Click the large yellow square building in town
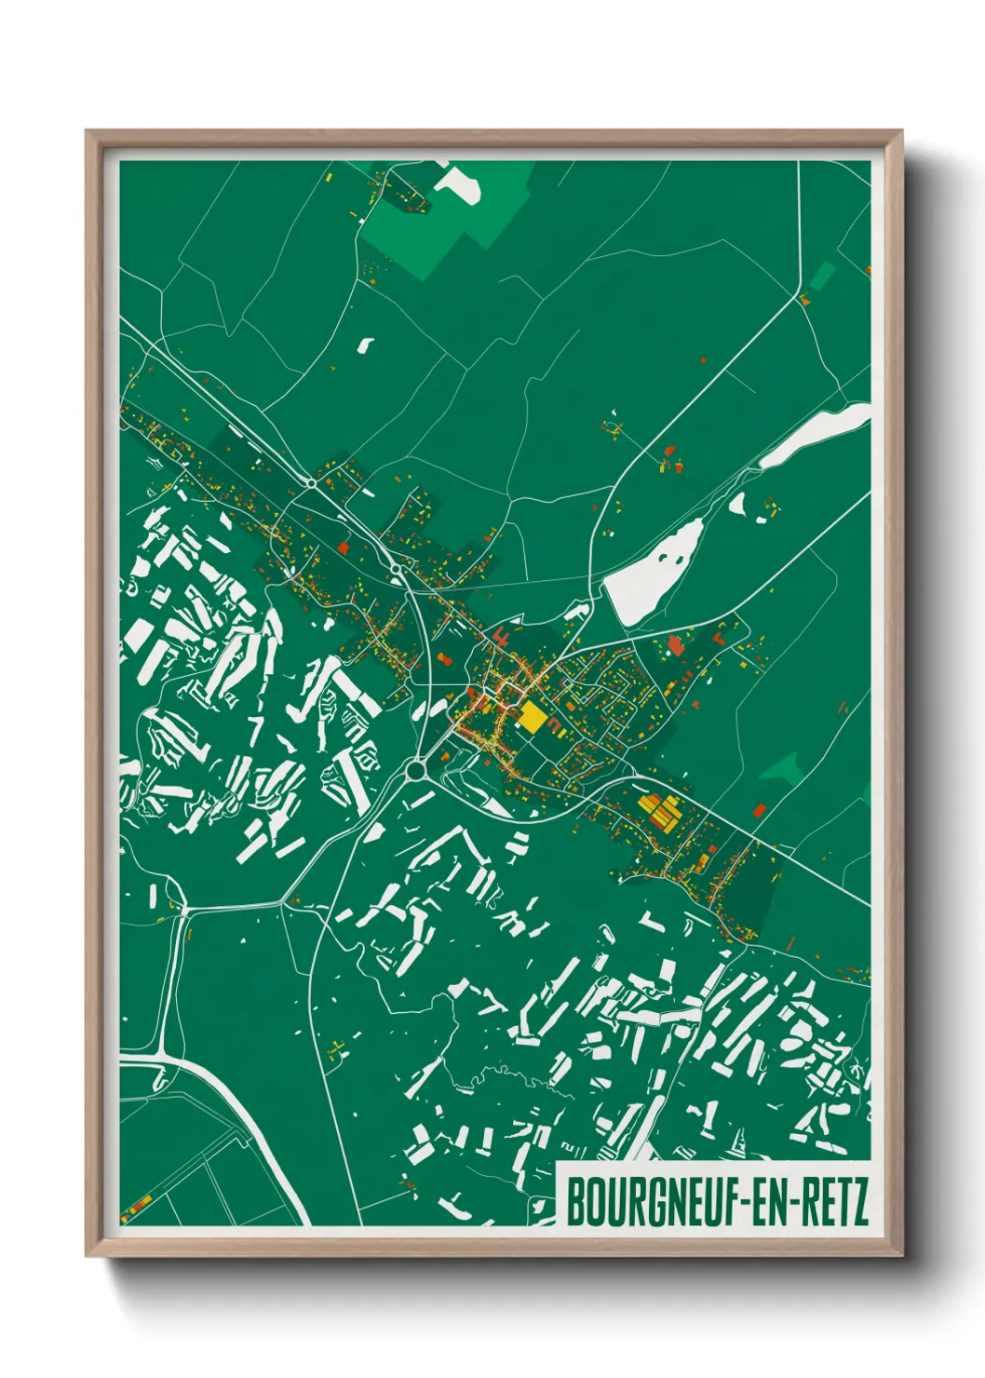point(532,717)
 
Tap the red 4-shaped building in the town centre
point(500,639)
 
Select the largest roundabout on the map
point(415,770)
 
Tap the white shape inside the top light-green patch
point(459,183)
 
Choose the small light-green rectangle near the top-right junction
point(821,276)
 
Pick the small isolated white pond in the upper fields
point(364,344)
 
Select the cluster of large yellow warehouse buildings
point(658,809)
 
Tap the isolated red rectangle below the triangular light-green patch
point(758,809)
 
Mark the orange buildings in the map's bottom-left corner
point(136,1207)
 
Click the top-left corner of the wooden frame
point(87,132)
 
